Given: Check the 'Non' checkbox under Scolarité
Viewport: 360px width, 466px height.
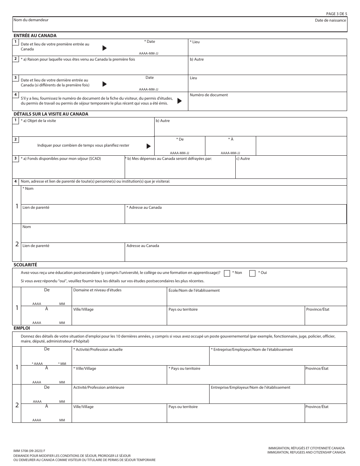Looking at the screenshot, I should tap(227, 273).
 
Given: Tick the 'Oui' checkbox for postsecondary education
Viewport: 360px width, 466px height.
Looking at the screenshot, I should tap(252, 273).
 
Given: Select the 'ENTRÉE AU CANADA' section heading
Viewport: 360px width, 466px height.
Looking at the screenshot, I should tap(35, 36).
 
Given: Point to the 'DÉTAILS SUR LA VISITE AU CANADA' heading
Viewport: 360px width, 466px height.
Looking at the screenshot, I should tap(51, 114).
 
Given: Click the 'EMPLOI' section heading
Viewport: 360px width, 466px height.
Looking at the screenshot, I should tap(22, 328).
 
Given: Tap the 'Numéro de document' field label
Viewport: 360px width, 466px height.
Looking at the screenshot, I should tap(209, 95).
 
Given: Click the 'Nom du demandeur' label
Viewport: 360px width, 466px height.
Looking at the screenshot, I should tap(31, 20).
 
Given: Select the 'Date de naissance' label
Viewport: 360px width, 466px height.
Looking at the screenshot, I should tap(330, 20).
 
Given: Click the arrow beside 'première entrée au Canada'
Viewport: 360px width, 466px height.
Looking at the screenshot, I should tap(105, 48).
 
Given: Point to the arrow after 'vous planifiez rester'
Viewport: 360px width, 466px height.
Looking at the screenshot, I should tap(149, 146).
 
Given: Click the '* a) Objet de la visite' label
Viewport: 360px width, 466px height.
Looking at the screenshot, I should tap(38, 121).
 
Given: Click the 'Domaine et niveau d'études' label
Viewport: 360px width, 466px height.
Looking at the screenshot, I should tap(97, 290).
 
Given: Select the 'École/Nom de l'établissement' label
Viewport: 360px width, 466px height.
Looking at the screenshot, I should tap(194, 291).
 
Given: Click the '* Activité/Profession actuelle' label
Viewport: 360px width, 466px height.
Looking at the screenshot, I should tap(98, 350).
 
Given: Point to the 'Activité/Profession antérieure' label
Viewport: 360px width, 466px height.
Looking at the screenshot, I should tap(99, 388).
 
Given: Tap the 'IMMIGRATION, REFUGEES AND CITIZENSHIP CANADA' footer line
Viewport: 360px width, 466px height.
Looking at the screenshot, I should tap(306, 452).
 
